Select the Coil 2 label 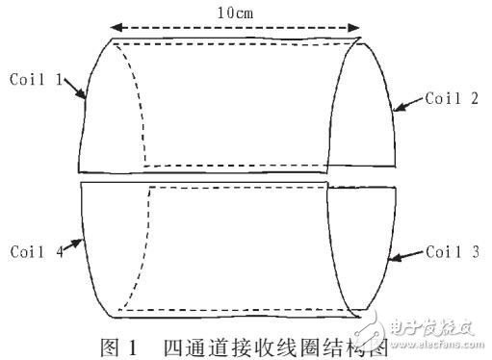pos(453,98)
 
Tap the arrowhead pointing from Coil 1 pos(84,95)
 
